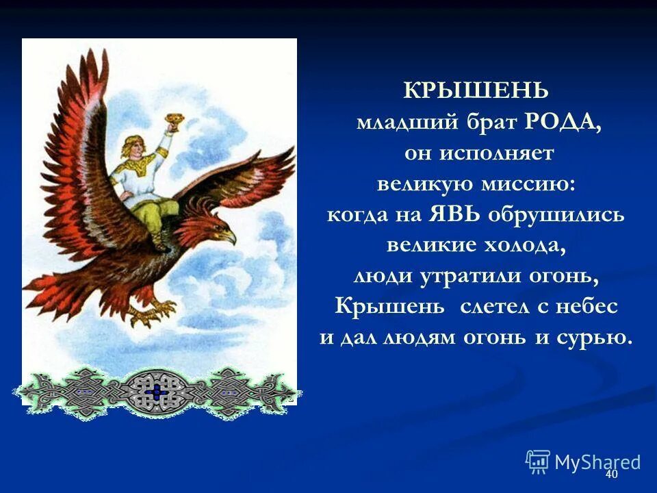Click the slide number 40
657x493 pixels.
tap(611, 475)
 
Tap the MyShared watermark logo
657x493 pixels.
tap(582, 462)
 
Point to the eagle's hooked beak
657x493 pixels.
tap(230, 237)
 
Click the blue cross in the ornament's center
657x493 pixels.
tap(157, 392)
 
